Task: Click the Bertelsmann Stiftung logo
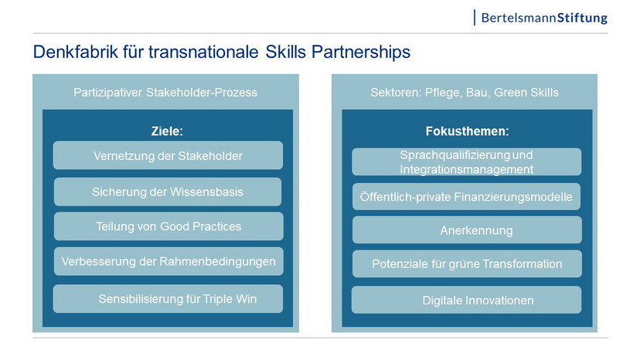pos(540,18)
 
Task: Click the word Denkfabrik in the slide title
pos(75,52)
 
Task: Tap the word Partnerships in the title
pos(361,53)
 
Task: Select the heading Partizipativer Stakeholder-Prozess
pos(165,93)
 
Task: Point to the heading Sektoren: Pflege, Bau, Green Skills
pos(465,93)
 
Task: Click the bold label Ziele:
pos(167,131)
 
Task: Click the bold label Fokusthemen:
pos(467,131)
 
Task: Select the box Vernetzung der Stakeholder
pos(168,155)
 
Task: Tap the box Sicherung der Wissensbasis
pos(168,192)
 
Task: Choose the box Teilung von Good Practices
pos(169,226)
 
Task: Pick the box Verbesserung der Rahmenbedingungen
pos(169,261)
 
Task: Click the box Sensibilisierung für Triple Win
pos(168,299)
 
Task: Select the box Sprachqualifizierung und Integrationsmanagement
pos(467,162)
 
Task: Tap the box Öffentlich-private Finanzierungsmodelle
pos(467,197)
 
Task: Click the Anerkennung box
pos(467,230)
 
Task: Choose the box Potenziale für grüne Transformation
pos(467,264)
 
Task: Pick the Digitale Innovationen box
pos(467,300)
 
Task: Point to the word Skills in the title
pos(285,52)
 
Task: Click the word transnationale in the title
pos(203,52)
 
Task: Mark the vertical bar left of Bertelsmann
pos(475,18)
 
